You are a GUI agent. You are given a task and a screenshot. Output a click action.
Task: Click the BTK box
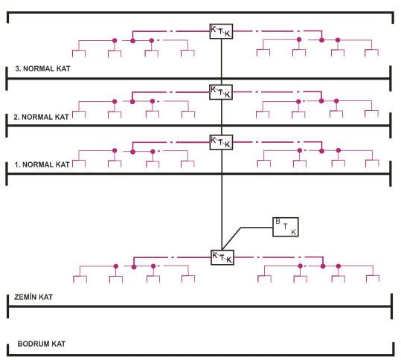point(286,227)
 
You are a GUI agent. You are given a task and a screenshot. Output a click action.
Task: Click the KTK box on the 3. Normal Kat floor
point(221,31)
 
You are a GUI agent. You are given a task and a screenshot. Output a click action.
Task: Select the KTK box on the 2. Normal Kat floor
point(221,92)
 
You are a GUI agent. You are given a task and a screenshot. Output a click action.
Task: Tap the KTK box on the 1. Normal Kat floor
point(221,142)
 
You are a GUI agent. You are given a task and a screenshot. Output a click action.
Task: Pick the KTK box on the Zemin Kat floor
point(222,257)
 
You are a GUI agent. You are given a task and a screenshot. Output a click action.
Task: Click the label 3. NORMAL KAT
point(42,68)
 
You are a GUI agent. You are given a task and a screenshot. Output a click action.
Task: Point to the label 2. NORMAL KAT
point(41,117)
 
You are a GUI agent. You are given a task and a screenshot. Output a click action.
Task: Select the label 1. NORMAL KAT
point(42,164)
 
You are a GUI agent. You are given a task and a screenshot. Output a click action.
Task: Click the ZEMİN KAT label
point(33,297)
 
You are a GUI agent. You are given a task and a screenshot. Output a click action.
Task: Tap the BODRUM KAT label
point(42,344)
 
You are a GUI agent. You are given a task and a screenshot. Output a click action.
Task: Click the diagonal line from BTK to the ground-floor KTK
point(231,239)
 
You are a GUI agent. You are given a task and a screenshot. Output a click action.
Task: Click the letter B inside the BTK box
point(278,222)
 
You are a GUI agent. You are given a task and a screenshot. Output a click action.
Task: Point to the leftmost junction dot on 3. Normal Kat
point(115,40)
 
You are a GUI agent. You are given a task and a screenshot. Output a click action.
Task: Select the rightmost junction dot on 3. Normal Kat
point(338,40)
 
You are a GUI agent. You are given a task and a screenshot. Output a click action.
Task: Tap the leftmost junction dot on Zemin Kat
point(116,266)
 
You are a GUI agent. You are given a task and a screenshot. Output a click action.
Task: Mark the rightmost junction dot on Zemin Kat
point(339,266)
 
